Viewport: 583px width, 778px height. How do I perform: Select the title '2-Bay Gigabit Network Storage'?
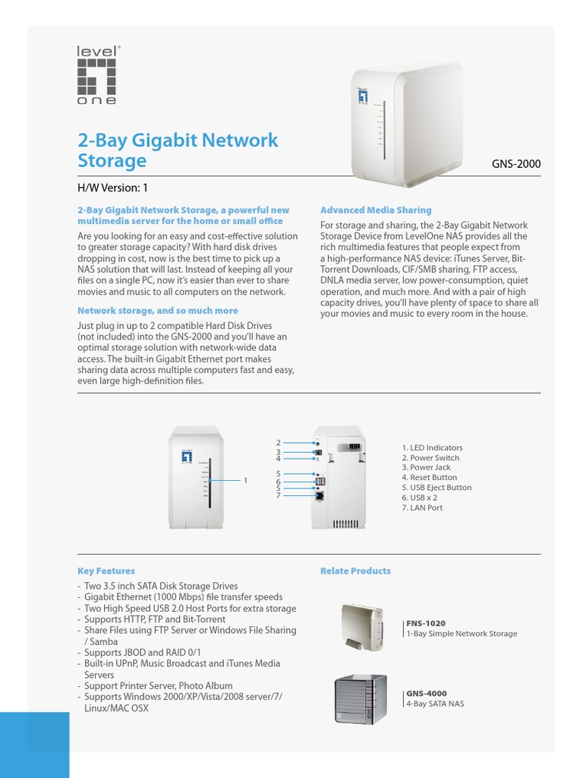[x=178, y=150]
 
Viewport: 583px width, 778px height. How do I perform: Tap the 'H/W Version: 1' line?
[x=118, y=188]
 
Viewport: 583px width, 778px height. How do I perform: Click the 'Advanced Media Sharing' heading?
[x=376, y=210]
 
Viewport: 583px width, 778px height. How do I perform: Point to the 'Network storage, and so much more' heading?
[x=157, y=311]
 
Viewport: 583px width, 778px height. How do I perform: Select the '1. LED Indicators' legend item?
[x=432, y=448]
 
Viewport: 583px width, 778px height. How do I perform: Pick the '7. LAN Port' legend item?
[x=422, y=508]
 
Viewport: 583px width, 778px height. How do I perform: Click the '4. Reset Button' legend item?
[x=430, y=478]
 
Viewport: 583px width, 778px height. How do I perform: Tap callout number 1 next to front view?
[x=245, y=480]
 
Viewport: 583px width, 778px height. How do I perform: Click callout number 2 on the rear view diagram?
[x=279, y=442]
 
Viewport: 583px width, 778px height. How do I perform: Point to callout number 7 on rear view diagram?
[x=279, y=495]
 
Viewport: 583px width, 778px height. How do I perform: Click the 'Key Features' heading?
[x=106, y=571]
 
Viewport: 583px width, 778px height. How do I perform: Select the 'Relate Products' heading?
[x=355, y=571]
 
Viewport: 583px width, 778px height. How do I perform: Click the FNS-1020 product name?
[x=426, y=624]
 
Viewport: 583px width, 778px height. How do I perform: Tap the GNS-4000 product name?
[x=427, y=694]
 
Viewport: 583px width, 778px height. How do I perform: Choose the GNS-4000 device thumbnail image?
[x=361, y=698]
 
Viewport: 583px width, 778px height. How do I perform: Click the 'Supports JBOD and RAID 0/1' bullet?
[x=144, y=653]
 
